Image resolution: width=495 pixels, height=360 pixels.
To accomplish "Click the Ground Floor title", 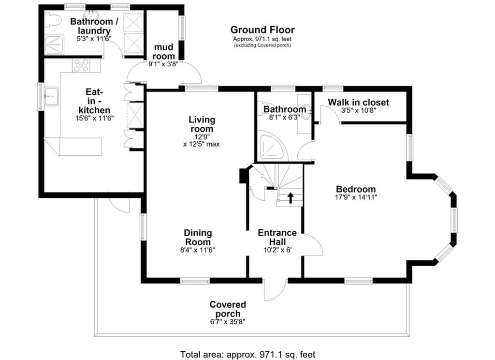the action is (262, 30).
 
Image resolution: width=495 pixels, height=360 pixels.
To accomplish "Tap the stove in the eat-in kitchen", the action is (82, 65).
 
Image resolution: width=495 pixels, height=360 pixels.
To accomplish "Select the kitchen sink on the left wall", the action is (51, 96).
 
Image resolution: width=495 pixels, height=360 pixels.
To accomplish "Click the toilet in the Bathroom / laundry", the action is (52, 20).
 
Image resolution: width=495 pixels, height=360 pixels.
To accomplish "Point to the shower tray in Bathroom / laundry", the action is (54, 44).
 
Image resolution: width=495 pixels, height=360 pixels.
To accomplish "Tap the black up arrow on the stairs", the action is (291, 198).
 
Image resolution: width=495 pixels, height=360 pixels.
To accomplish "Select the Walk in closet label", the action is (358, 103).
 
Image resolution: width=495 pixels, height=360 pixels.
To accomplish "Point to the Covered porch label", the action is (228, 309).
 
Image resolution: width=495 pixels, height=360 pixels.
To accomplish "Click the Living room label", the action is (202, 124).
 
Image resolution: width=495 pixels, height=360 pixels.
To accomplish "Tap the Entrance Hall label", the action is (277, 237).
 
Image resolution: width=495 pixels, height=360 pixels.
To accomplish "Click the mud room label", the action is (163, 51).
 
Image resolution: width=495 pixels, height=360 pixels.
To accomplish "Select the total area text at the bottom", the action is (248, 354).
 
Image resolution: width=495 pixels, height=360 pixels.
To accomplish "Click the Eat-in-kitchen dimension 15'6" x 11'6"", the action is (94, 118).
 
